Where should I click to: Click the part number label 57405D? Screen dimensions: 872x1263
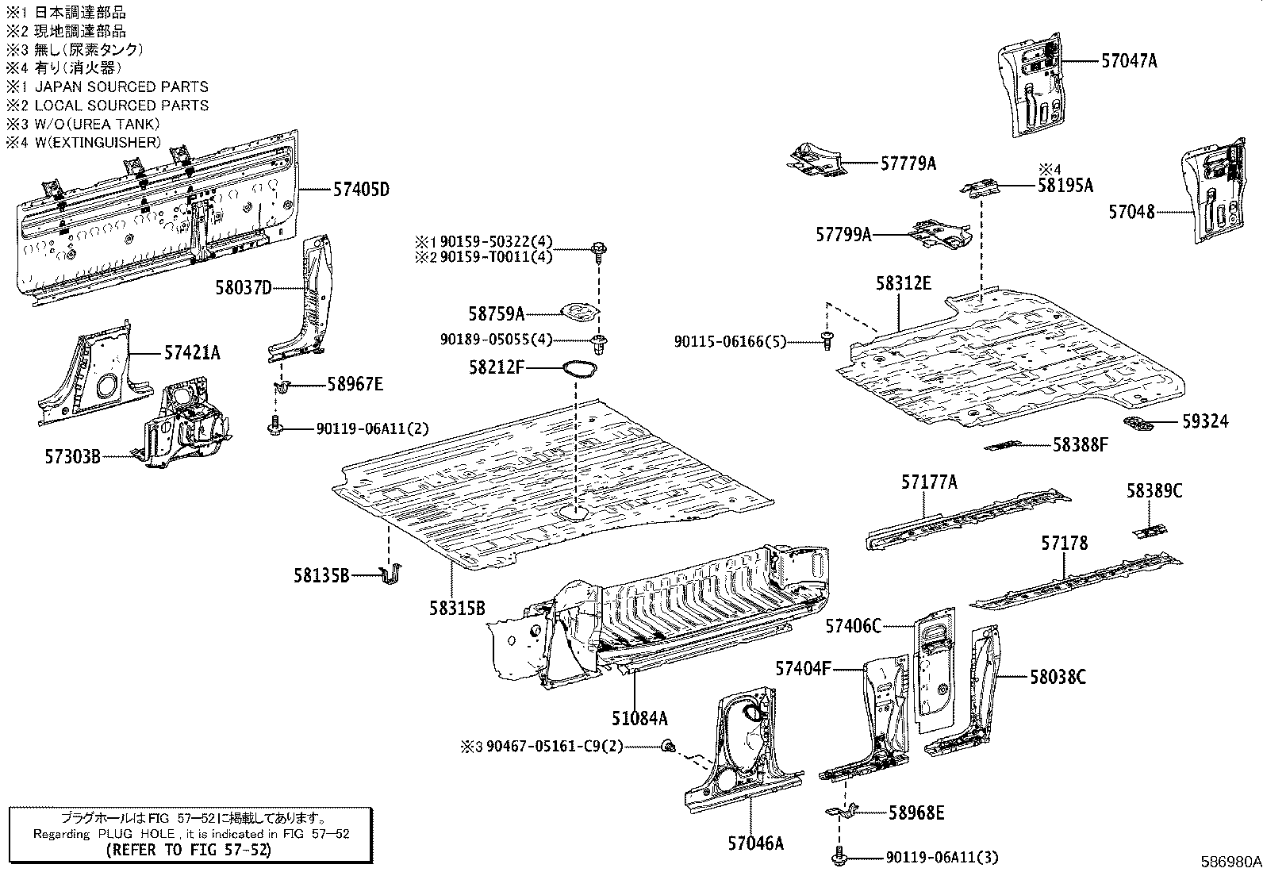(361, 190)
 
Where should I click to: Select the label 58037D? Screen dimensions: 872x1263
(243, 287)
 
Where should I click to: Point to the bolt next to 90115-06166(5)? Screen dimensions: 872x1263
(827, 340)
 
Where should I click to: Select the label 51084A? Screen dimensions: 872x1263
(639, 719)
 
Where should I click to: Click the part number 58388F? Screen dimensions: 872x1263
(1080, 445)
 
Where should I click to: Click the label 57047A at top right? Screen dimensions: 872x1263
(1129, 60)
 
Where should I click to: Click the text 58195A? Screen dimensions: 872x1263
(1065, 186)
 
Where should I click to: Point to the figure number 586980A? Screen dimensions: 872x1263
(1229, 862)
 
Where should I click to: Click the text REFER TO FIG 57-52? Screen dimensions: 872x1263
(189, 850)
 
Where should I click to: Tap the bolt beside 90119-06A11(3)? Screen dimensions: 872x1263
(839, 857)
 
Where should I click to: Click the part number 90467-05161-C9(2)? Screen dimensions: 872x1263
(555, 746)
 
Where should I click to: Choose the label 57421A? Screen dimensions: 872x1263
(193, 352)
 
